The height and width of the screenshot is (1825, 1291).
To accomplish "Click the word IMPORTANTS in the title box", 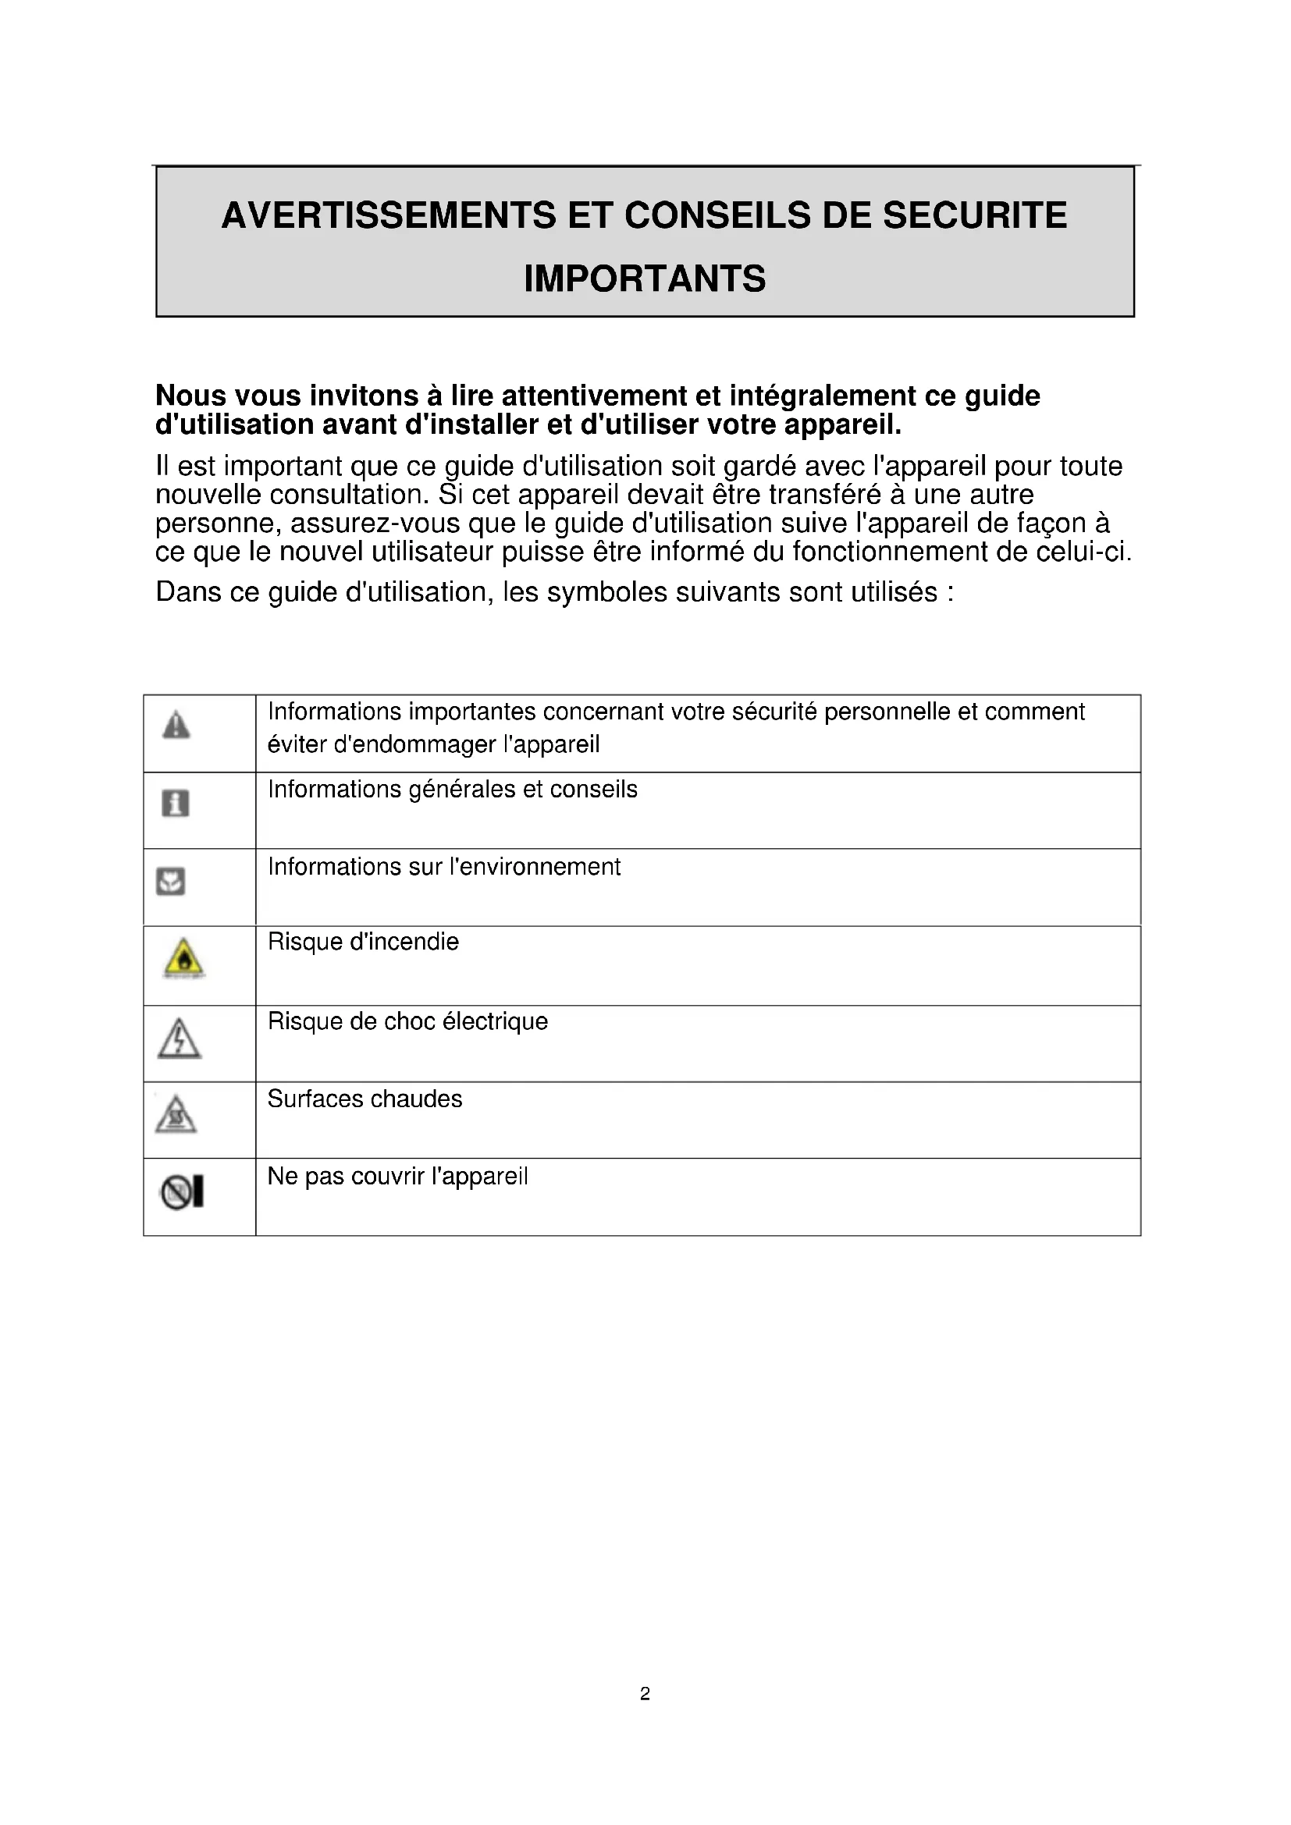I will pos(645,279).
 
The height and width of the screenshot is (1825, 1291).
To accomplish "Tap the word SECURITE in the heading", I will pos(975,215).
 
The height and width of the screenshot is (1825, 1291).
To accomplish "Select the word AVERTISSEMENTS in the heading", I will pos(389,215).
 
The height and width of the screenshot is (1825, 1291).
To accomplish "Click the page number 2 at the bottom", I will pos(645,1694).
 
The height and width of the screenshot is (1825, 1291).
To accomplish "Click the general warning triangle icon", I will pos(176,725).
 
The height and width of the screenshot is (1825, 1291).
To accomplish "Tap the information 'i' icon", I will pos(176,803).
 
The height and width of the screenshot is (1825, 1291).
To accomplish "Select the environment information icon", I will pos(171,881).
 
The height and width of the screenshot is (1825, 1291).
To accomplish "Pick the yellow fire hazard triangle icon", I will pos(184,959).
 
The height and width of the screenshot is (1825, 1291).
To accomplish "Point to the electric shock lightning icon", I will pos(180,1038).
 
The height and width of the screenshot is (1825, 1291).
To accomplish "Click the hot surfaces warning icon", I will pos(176,1115).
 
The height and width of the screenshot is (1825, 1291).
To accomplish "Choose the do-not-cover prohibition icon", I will pos(183,1192).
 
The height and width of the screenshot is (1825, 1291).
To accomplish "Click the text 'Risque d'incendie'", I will pos(363,942).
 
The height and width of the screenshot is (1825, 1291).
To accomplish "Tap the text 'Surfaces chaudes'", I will pos(365,1099).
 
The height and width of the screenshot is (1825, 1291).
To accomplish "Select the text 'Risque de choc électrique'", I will pos(407,1021).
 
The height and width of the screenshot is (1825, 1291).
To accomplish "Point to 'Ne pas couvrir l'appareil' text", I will pos(397,1177).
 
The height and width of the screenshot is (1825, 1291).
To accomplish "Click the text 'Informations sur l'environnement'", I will pos(444,866).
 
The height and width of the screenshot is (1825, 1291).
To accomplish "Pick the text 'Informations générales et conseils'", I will pos(453,790).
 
